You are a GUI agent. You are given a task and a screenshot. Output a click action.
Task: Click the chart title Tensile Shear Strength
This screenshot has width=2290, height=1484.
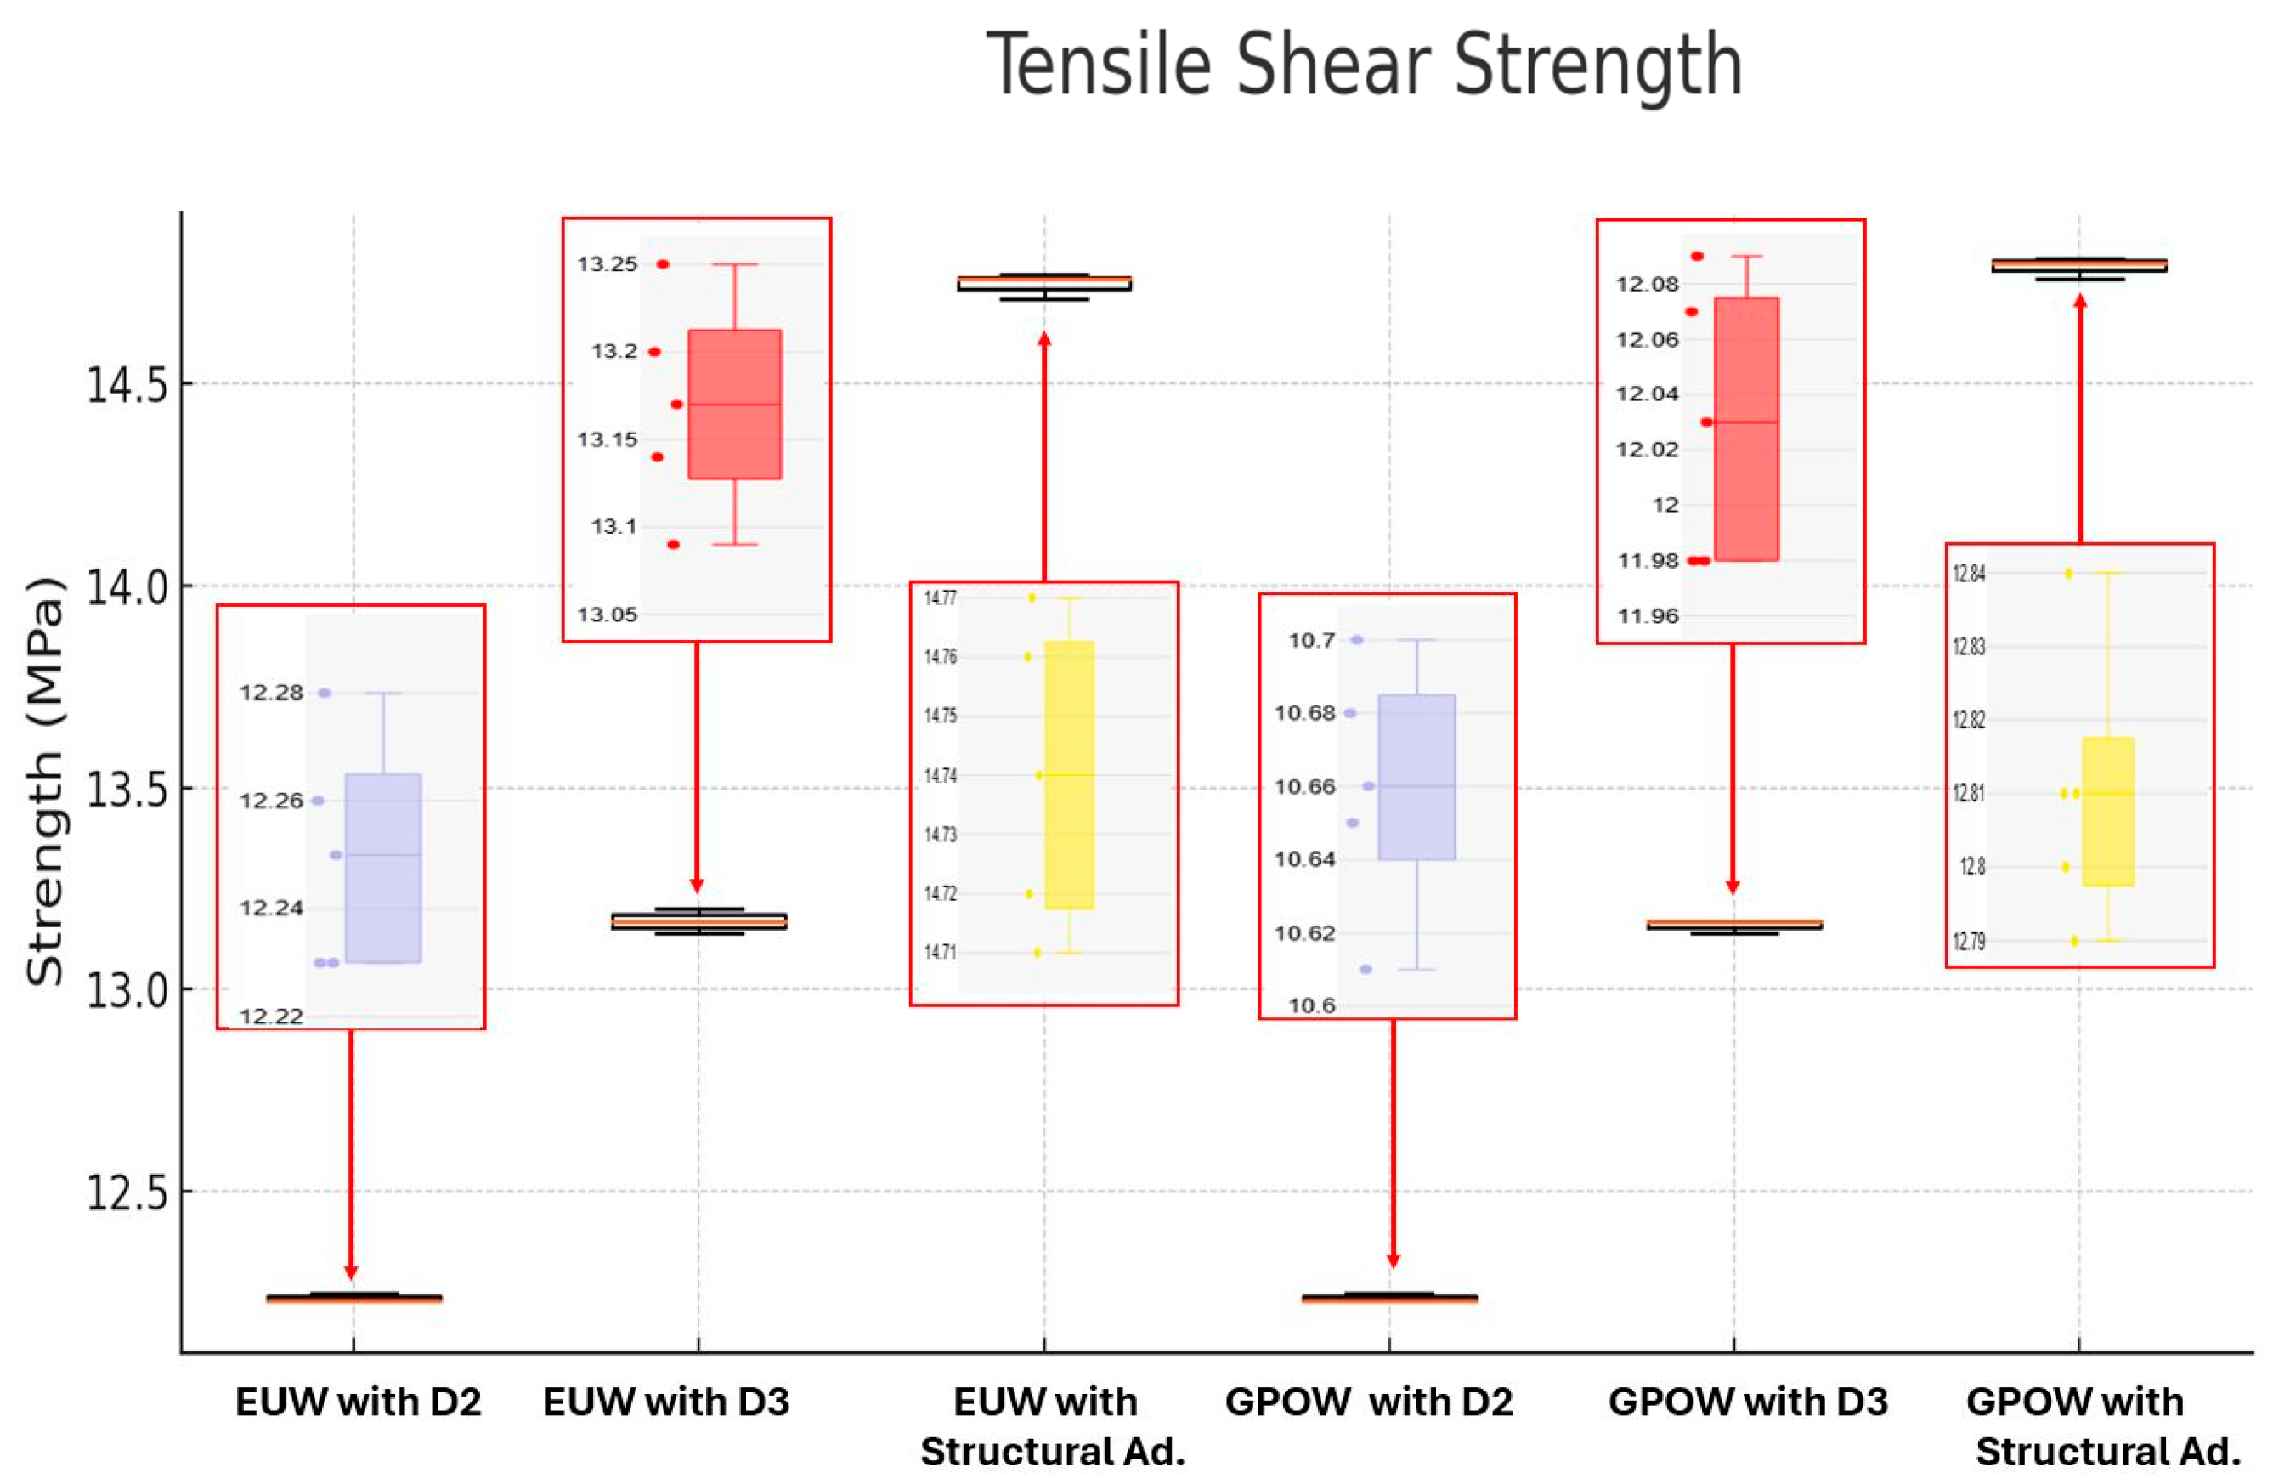click(x=1364, y=65)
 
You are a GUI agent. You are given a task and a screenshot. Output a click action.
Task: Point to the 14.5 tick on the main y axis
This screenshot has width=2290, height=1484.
click(x=126, y=386)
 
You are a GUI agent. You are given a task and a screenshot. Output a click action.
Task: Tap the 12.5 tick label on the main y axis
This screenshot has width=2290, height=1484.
click(x=126, y=1192)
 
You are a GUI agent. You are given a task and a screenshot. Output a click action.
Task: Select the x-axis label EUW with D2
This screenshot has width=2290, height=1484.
click(x=358, y=1402)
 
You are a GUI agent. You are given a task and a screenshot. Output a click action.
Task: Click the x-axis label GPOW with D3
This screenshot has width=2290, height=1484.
click(x=1747, y=1402)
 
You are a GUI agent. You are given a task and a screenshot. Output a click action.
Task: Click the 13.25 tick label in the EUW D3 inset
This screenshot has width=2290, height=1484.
click(x=608, y=264)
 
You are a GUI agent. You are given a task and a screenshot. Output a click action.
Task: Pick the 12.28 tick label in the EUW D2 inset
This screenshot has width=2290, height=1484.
click(x=271, y=693)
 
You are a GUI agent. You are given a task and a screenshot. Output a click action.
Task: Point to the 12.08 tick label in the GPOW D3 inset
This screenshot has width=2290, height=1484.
click(x=1648, y=284)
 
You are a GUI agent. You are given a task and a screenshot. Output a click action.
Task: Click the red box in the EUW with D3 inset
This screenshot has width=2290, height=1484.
click(x=735, y=405)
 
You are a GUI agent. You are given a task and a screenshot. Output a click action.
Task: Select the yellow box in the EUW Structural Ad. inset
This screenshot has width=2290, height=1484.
click(x=1069, y=774)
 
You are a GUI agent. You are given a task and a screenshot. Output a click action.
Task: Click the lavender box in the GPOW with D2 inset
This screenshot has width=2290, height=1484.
click(x=1416, y=777)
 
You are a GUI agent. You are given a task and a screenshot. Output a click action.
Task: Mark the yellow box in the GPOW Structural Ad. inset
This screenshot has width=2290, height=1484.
click(x=2108, y=812)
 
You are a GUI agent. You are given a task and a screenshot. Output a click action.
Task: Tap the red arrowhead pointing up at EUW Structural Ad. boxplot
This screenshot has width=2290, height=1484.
click(x=1045, y=340)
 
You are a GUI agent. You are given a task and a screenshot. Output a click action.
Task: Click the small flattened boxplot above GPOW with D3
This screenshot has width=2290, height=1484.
click(x=1733, y=925)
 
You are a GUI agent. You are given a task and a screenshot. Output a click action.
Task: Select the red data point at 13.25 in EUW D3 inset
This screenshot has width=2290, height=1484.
click(x=663, y=264)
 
